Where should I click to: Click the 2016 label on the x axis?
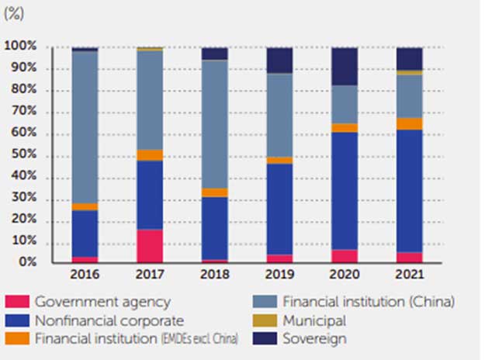tap(85, 275)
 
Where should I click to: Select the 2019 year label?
tap(279, 275)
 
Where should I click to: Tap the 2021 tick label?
tap(410, 275)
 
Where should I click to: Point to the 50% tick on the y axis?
tap(23, 156)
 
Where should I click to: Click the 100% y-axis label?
tap(20, 47)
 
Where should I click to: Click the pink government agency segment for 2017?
tap(150, 246)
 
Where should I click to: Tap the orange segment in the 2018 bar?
tap(215, 192)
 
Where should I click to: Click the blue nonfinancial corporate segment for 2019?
tap(279, 209)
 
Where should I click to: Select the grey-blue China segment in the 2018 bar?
tap(215, 124)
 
